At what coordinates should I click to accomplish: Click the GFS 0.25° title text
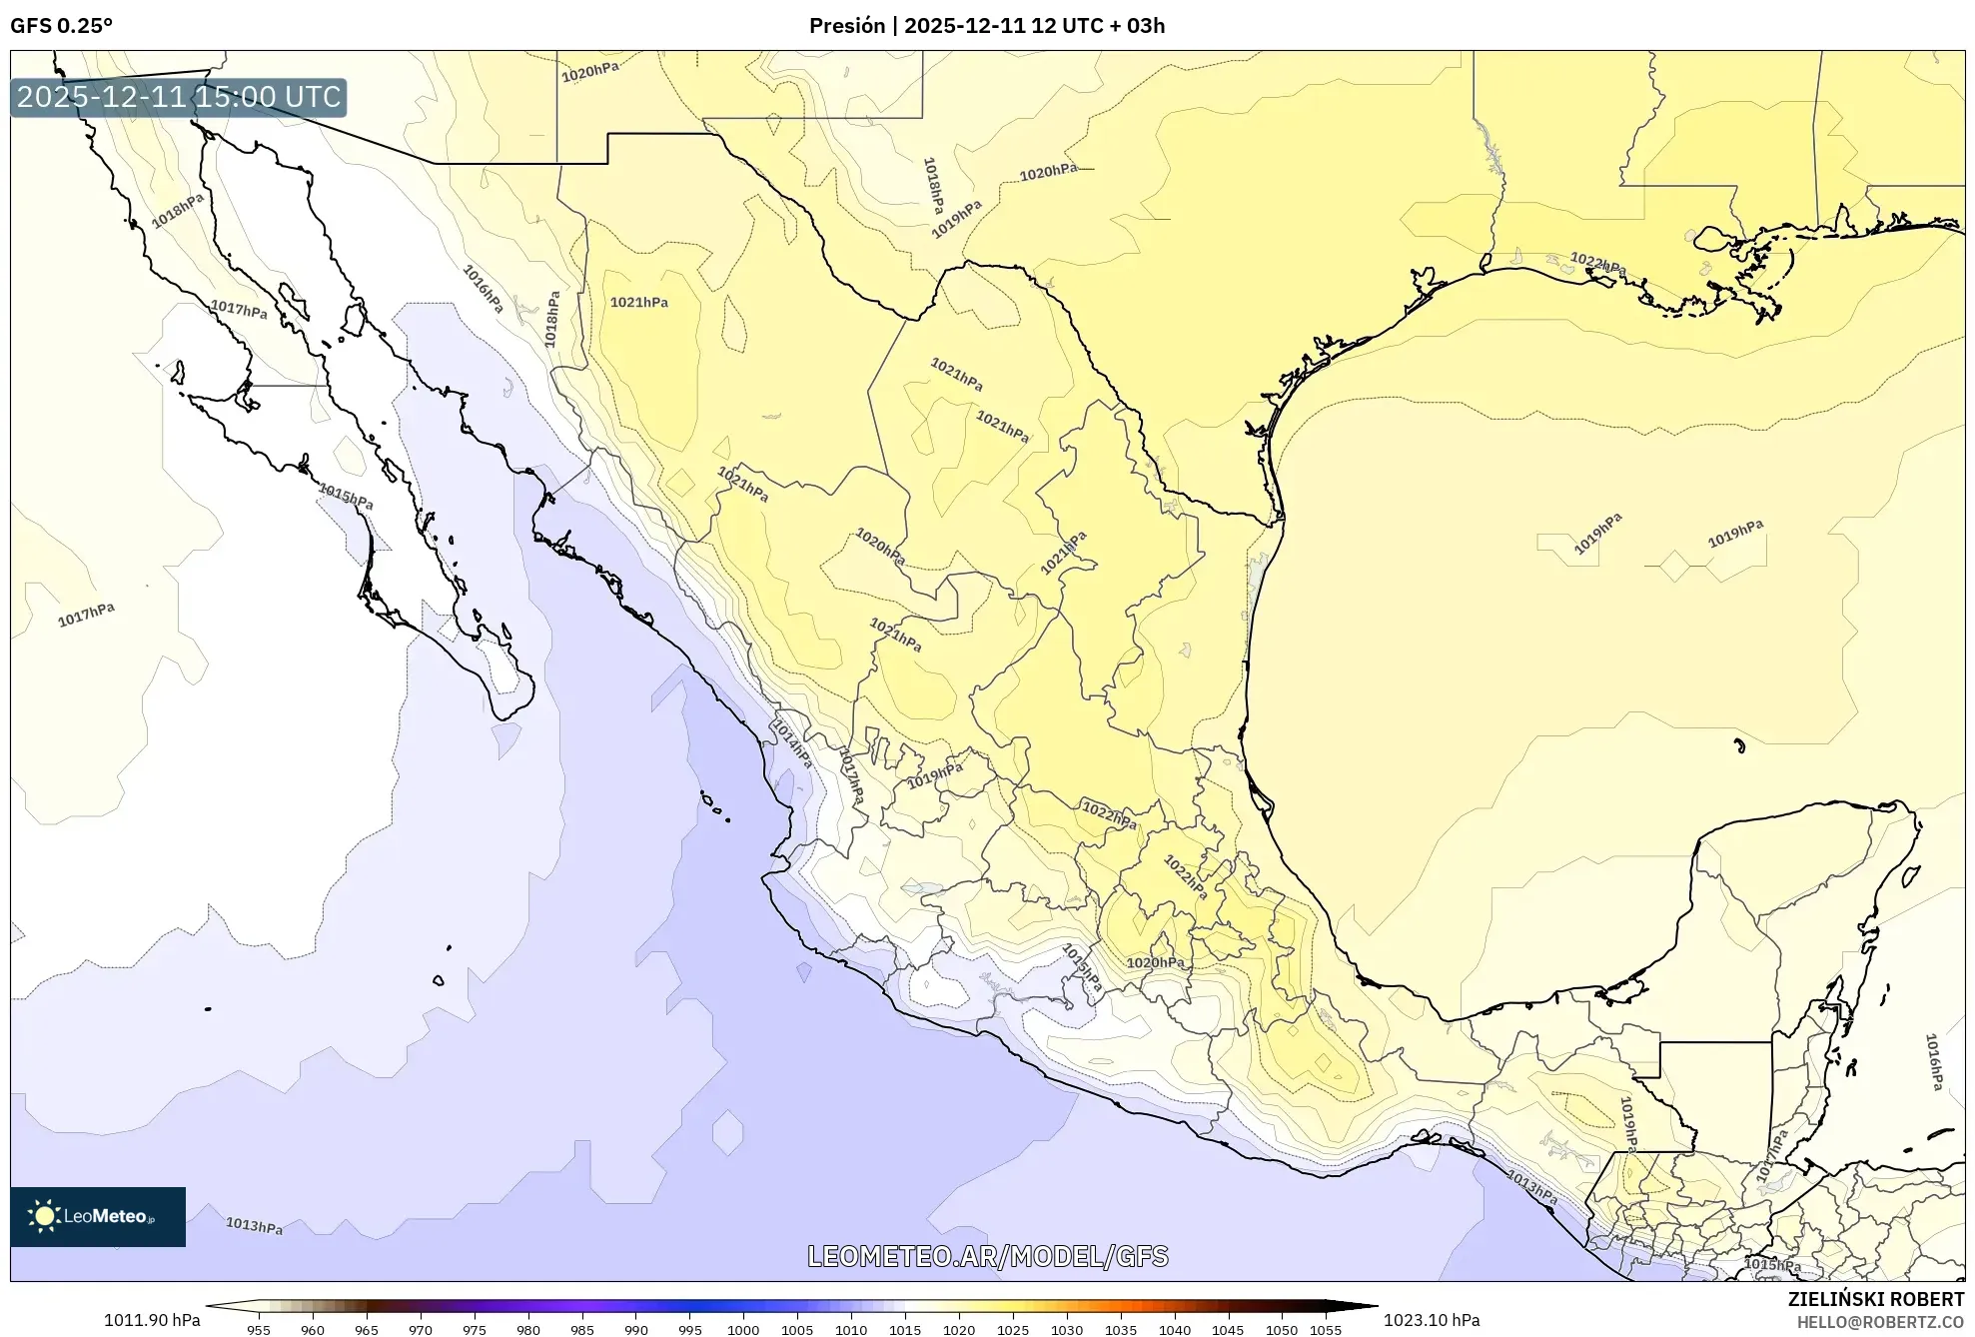click(62, 25)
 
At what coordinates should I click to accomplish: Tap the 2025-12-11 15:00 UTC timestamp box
click(179, 97)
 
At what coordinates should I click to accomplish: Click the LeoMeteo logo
click(98, 1216)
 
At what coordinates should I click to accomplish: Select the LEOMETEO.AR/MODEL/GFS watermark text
click(987, 1256)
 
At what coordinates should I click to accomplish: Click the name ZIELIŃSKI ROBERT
click(1875, 1299)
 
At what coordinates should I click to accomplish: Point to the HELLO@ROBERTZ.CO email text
click(1880, 1322)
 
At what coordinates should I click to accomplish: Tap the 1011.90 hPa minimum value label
click(152, 1320)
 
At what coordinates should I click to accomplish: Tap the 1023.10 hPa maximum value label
click(1432, 1320)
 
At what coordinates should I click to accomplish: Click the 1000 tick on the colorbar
click(743, 1329)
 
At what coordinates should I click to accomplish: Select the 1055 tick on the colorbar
click(1325, 1329)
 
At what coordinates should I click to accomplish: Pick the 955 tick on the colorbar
click(259, 1329)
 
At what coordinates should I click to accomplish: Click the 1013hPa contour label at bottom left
click(254, 1225)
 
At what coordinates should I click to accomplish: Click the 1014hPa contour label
click(794, 744)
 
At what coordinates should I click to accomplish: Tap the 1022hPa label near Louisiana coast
click(1597, 264)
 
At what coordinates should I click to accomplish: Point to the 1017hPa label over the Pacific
click(86, 615)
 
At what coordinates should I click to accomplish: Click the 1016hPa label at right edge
click(1933, 1062)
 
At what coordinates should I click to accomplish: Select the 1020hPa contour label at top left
click(589, 71)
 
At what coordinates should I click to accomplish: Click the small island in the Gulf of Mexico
click(1739, 744)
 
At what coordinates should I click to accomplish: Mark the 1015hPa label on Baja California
click(346, 496)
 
